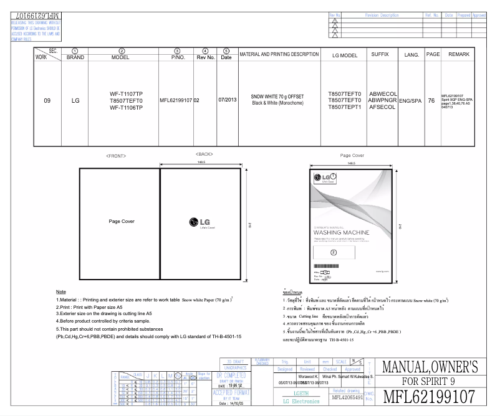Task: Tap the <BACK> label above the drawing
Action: click(205, 153)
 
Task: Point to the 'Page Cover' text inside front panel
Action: click(122, 221)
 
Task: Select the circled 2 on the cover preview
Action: click(333, 252)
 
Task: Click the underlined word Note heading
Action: click(61, 291)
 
